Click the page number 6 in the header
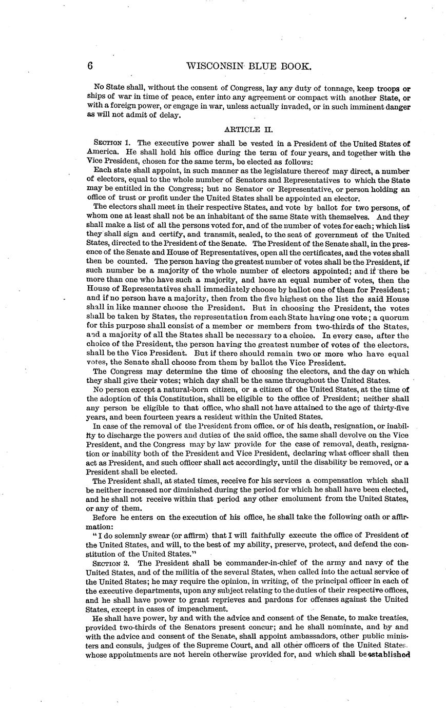(x=90, y=66)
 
